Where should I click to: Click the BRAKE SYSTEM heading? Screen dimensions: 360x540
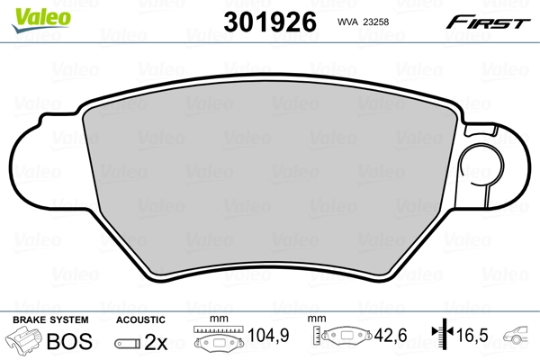(50, 319)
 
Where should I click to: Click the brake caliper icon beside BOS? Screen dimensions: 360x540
(25, 342)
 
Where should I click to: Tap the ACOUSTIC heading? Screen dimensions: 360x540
(141, 319)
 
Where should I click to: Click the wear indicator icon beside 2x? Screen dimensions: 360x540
(130, 343)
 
